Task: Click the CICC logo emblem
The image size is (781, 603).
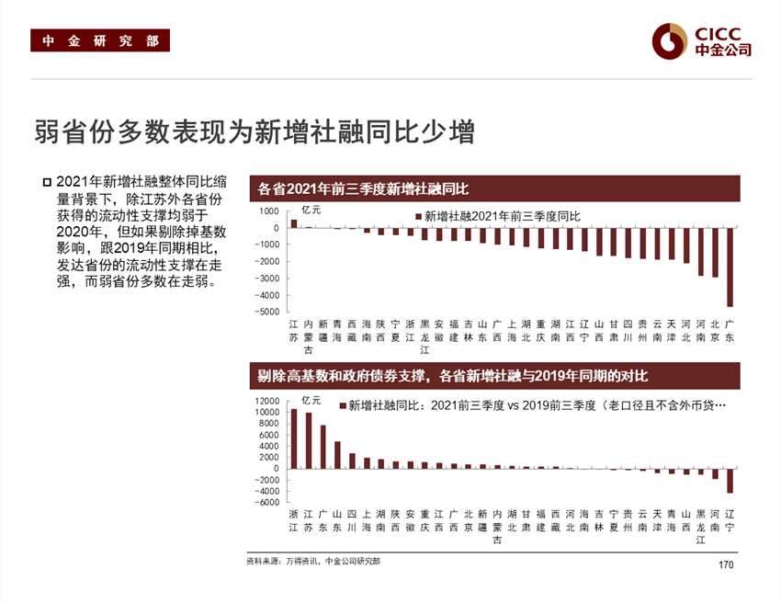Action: point(670,40)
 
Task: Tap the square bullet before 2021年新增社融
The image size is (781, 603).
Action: point(47,182)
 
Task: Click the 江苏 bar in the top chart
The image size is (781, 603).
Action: point(294,223)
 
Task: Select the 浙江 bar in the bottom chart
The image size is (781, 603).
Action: point(293,438)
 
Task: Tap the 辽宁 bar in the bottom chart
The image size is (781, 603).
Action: point(730,481)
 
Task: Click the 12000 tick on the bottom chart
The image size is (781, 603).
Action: point(266,401)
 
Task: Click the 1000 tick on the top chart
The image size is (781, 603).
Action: point(268,211)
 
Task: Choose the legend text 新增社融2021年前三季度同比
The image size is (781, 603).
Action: point(502,216)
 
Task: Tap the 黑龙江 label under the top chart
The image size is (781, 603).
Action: point(424,336)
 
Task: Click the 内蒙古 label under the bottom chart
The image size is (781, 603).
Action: point(498,526)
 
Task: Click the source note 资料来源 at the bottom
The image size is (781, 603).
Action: point(313,561)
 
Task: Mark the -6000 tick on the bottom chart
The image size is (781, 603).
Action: point(266,502)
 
